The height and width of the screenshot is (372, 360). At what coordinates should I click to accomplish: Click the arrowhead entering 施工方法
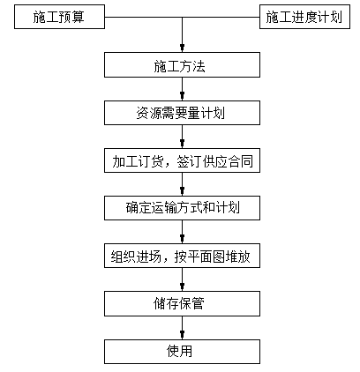(x=182, y=48)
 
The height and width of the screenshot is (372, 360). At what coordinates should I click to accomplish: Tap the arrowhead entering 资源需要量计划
(x=182, y=96)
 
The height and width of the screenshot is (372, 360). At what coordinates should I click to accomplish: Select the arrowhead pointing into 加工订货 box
(x=182, y=145)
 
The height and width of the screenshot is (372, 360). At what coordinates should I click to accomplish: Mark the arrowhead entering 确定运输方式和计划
(x=182, y=192)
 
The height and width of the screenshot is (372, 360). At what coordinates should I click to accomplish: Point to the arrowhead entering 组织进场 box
(x=182, y=240)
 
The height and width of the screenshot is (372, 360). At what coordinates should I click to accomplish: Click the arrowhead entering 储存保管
(x=182, y=287)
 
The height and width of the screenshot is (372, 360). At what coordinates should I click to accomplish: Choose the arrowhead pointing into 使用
(x=182, y=335)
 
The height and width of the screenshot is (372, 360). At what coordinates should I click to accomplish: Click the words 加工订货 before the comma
(x=138, y=161)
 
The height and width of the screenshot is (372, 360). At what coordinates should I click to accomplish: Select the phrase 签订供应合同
(x=214, y=161)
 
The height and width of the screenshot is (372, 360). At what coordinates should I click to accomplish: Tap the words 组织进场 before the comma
(x=136, y=257)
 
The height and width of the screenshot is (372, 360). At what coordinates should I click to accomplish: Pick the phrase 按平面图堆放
(x=212, y=257)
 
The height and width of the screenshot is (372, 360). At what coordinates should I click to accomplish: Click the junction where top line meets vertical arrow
(x=182, y=17)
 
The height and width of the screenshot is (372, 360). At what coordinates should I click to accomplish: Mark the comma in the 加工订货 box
(x=168, y=165)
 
